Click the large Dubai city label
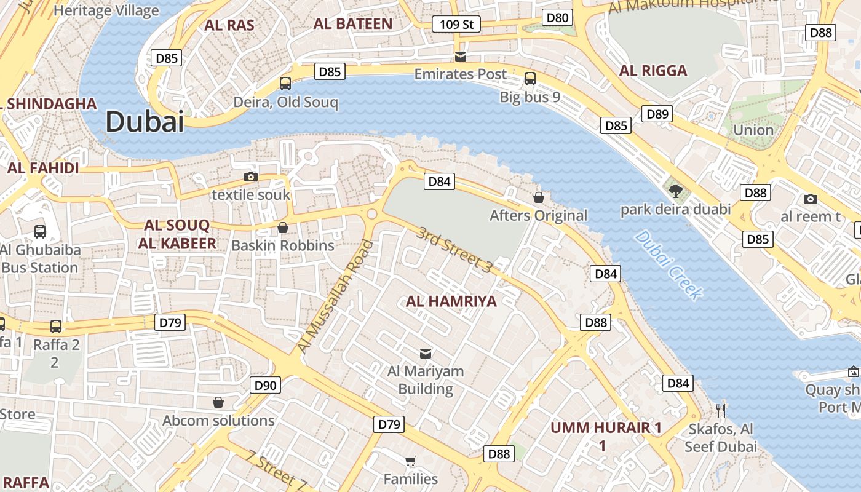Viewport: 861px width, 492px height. point(145,122)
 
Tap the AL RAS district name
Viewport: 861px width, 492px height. point(229,25)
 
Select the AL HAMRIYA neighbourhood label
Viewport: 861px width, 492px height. point(451,301)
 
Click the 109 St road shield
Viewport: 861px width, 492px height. point(456,25)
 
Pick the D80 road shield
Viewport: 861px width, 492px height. point(558,17)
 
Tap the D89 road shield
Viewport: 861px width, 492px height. point(657,114)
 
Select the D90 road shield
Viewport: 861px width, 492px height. point(266,386)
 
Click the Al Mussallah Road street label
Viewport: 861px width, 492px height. point(335,296)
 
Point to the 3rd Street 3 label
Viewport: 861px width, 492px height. point(454,250)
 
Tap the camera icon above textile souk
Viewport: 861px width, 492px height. point(250,177)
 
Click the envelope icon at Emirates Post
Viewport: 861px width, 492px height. point(460,57)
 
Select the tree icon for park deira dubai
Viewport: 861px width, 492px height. point(676,191)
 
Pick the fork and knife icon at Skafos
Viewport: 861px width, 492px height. point(721,410)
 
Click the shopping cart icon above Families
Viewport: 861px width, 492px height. point(410,461)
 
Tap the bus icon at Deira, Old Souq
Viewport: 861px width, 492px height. point(285,83)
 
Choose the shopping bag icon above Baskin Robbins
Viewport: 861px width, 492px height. point(283,228)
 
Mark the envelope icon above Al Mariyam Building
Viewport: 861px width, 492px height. point(425,353)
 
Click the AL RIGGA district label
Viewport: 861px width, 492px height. point(653,71)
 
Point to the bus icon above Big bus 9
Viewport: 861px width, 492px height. point(530,79)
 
